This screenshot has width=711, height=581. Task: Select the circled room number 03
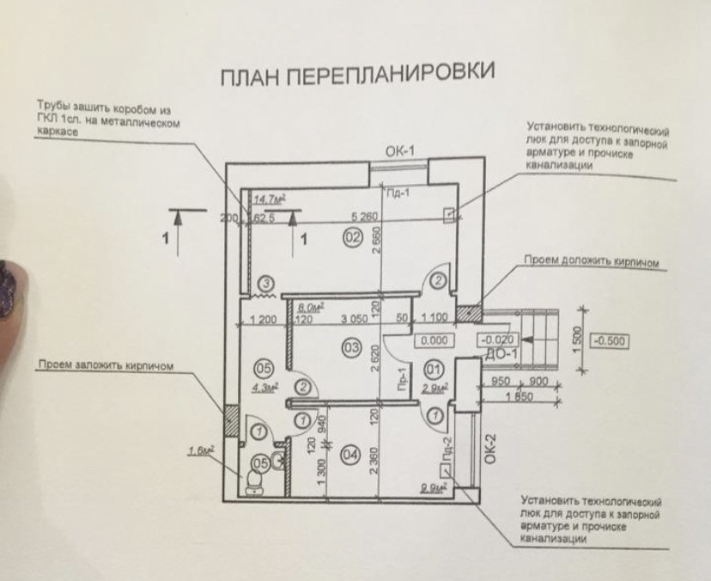tap(349, 348)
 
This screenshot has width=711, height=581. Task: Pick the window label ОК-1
tap(400, 152)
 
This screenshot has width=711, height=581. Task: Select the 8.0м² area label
tap(308, 305)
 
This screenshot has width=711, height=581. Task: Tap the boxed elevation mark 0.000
tap(434, 340)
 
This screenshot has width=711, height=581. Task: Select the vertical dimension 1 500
tap(580, 336)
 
